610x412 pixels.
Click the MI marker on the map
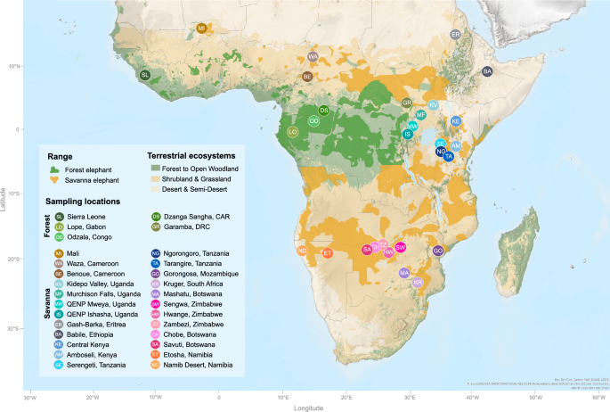click(201, 29)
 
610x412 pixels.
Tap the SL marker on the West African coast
click(145, 75)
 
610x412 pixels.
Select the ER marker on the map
click(455, 35)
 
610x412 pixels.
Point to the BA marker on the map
click(487, 71)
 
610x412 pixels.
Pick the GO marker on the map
click(438, 251)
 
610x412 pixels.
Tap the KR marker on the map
click(418, 283)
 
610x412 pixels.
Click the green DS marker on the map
click(324, 111)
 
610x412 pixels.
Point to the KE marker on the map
click(455, 121)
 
